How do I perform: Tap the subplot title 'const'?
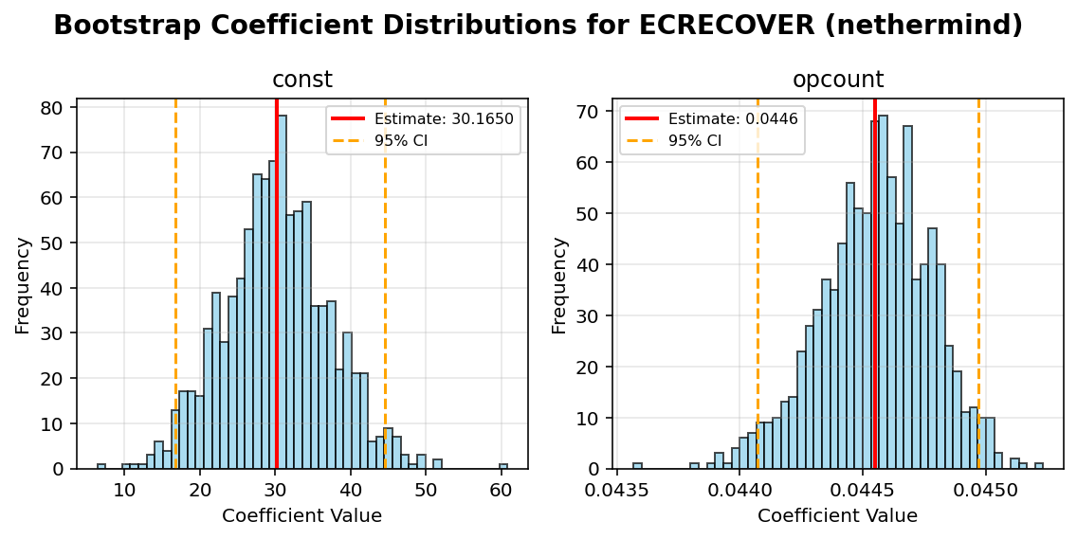coord(301,81)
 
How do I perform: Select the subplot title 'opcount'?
coord(837,81)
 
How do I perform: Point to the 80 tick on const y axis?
coord(59,108)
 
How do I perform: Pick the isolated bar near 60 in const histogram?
coord(503,466)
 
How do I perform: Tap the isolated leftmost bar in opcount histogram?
coord(637,466)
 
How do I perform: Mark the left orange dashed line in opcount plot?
coord(758,284)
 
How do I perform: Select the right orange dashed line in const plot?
coord(385,284)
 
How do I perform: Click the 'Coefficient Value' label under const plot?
coord(301,516)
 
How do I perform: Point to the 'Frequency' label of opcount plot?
coord(559,284)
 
